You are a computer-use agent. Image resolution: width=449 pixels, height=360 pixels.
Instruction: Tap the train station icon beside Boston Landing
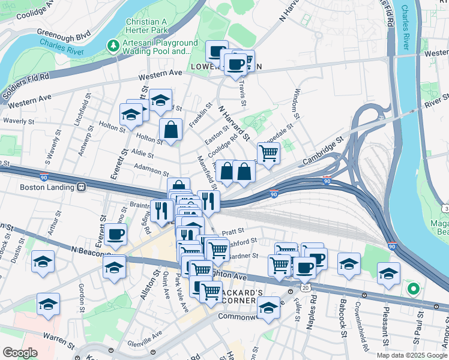point(80,187)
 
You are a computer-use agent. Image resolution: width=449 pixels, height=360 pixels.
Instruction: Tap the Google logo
point(20,353)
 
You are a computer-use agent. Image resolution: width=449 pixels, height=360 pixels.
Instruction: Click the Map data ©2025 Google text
point(411,355)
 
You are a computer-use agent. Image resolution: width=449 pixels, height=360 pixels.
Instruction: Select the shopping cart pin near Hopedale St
point(268,153)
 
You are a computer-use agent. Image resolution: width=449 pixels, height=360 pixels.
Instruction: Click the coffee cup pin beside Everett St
point(115,235)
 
